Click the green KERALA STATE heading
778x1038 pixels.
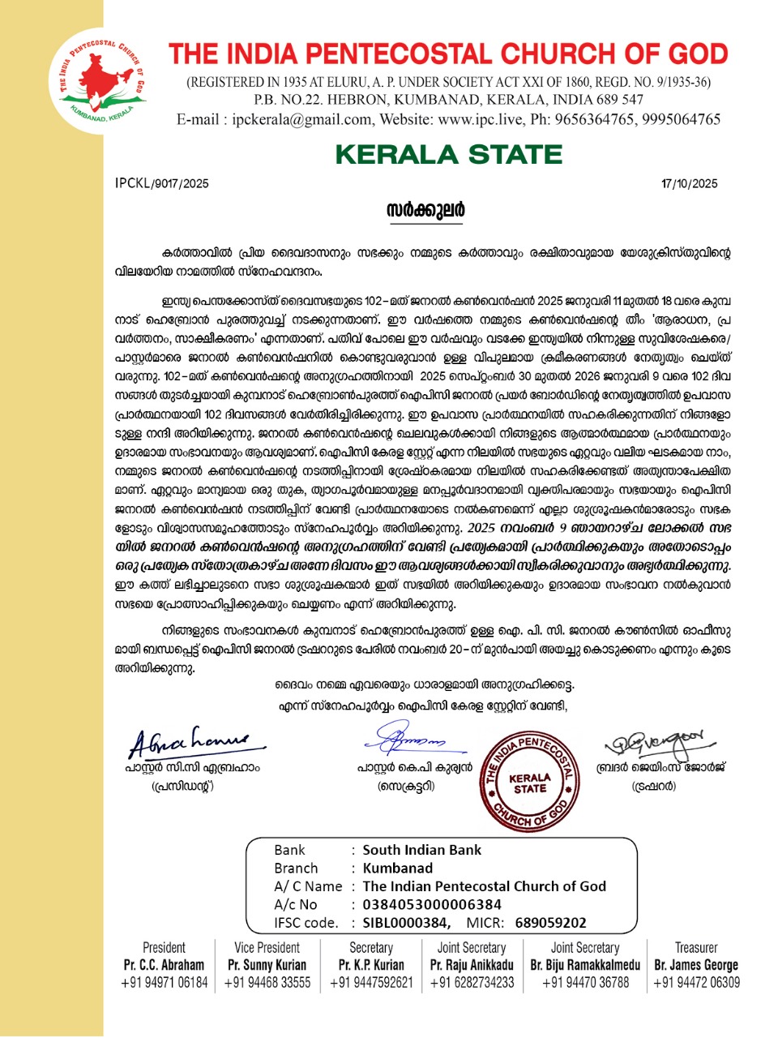(448, 154)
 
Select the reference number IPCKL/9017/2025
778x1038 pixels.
(162, 183)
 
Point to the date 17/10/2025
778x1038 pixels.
(689, 183)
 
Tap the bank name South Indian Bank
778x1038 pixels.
(421, 850)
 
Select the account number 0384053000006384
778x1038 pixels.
(432, 904)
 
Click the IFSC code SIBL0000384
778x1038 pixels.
(406, 923)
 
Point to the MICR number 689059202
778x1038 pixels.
(550, 923)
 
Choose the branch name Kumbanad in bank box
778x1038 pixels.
(397, 868)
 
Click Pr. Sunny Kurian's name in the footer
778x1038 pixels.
(267, 965)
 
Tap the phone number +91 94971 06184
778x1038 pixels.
(164, 983)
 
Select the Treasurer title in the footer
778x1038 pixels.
(696, 947)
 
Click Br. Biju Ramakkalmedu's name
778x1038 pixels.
(585, 965)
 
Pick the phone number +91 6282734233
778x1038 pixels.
(472, 983)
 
